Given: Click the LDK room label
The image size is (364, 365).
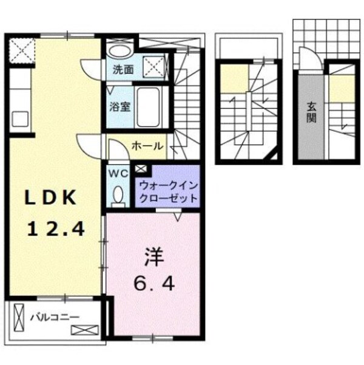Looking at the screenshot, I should pos(52,197).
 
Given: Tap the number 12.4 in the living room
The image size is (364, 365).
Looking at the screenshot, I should pos(55,229).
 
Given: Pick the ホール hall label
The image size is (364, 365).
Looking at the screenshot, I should pos(146,146).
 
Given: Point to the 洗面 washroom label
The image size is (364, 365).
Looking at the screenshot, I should pos(123,69).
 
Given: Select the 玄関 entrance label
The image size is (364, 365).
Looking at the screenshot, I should pos(311,112).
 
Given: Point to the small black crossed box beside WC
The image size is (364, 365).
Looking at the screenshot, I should pos(141,169).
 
